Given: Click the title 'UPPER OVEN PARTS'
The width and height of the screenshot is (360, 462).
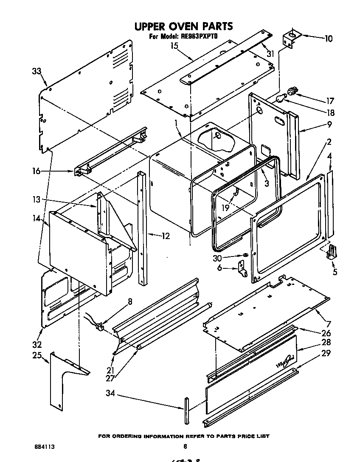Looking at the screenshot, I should click(x=183, y=26).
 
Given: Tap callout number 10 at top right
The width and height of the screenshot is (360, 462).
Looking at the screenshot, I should click(x=328, y=39).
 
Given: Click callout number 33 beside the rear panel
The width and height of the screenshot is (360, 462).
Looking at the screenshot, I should click(x=37, y=71).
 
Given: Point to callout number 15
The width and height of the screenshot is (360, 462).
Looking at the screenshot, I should click(x=174, y=46).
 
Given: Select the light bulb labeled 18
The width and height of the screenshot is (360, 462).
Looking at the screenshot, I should click(x=279, y=99).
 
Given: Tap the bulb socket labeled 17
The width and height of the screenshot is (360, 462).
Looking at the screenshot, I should click(x=292, y=90).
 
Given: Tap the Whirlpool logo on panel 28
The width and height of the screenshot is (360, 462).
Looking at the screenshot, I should click(x=285, y=362).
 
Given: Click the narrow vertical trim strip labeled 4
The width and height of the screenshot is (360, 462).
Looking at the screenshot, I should click(x=331, y=204).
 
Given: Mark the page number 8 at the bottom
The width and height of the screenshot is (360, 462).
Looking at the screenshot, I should click(x=185, y=446).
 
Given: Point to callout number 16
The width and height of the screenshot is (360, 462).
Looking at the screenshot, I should click(x=36, y=171).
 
